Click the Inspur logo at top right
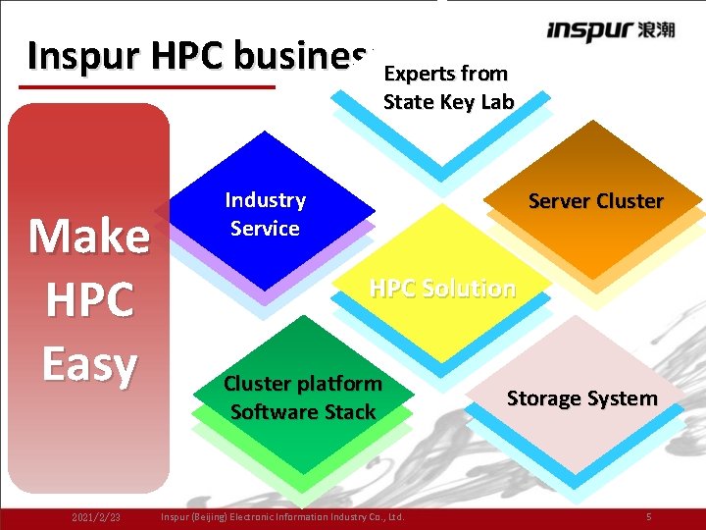click(x=610, y=30)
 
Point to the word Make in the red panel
click(x=89, y=236)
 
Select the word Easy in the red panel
click(x=89, y=365)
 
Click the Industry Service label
click(x=265, y=214)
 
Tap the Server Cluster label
click(x=595, y=201)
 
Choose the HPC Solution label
click(x=441, y=289)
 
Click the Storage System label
click(x=581, y=398)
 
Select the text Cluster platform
click(x=303, y=383)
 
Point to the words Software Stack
click(x=303, y=411)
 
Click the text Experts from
click(x=445, y=74)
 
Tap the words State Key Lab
click(x=448, y=101)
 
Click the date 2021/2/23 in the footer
click(x=96, y=516)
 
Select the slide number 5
click(x=648, y=516)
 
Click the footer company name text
click(x=281, y=516)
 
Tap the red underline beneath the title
click(x=147, y=86)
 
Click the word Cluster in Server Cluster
click(x=630, y=201)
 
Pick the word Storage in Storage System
click(x=544, y=398)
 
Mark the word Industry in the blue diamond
click(x=265, y=200)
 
